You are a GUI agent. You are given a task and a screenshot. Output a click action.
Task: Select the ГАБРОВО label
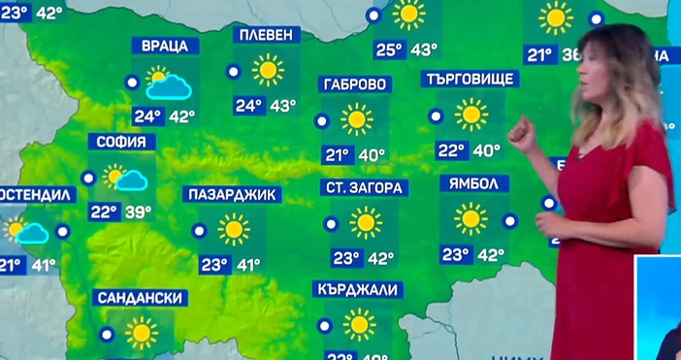[356, 84]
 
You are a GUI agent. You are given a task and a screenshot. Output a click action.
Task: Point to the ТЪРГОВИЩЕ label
[469, 80]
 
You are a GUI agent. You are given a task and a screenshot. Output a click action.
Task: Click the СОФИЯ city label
[122, 142]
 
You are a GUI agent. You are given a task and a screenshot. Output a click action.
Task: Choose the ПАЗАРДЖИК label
[232, 194]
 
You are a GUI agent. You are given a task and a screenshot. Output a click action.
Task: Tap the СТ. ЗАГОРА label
[365, 187]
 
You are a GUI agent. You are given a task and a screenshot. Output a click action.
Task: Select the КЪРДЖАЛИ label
[359, 289]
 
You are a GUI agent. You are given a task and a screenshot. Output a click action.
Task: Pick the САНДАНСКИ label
[142, 297]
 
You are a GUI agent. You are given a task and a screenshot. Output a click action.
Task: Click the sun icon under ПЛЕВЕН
[268, 71]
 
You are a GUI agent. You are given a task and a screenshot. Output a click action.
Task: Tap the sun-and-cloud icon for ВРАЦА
[165, 84]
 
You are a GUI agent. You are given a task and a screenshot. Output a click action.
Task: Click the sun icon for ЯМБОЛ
[471, 219]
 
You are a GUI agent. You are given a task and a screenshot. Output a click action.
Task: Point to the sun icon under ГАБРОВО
[357, 120]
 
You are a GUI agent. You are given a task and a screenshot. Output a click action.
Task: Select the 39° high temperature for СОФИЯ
[138, 212]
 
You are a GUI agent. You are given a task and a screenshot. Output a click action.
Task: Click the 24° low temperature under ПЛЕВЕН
[248, 106]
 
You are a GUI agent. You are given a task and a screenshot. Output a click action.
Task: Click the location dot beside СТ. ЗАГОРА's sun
[331, 223]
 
